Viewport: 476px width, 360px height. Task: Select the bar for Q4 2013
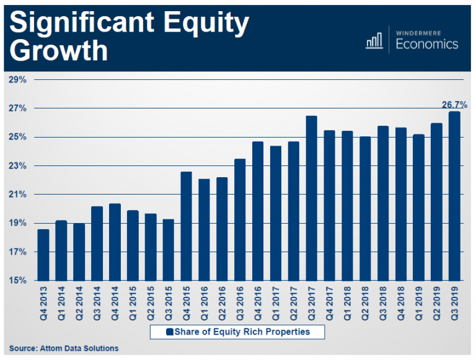tap(43, 255)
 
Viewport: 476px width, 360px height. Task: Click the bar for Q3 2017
tap(311, 198)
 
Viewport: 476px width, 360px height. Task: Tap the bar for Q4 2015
tap(186, 226)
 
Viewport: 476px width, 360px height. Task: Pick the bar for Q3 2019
tap(454, 196)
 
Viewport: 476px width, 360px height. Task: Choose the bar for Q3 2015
tap(168, 250)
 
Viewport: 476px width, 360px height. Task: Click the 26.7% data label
tap(454, 105)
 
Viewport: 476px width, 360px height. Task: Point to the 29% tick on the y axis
tap(17, 80)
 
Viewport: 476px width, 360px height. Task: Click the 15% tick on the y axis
tap(17, 281)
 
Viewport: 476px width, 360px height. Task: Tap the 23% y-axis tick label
tap(17, 166)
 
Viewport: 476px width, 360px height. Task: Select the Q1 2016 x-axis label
tap(204, 303)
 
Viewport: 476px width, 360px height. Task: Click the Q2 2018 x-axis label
tap(365, 303)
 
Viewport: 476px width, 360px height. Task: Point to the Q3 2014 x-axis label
tap(97, 303)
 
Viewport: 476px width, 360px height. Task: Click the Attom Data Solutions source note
tap(63, 348)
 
